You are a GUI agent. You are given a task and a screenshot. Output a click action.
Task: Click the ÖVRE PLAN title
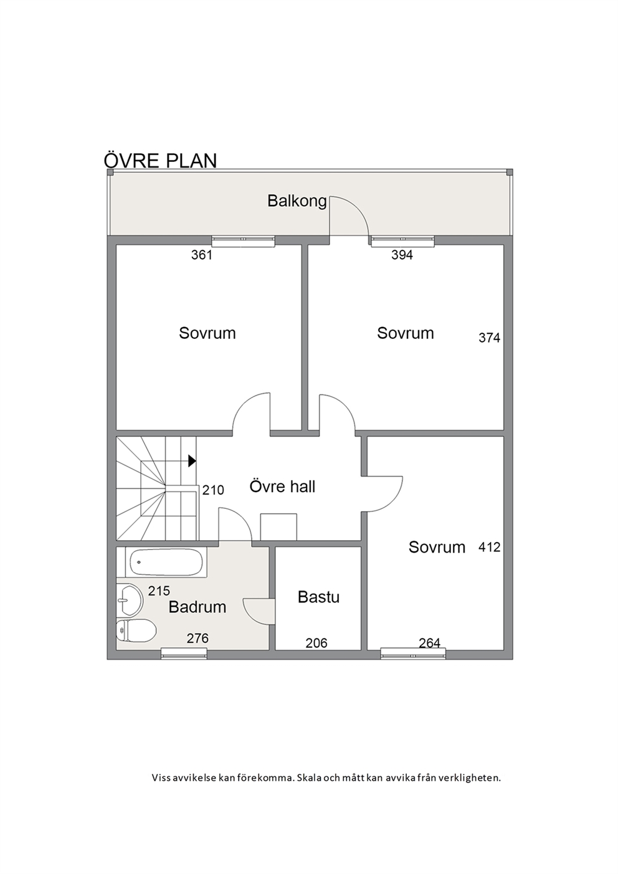160,160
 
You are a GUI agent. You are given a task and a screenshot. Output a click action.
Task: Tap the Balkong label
297,202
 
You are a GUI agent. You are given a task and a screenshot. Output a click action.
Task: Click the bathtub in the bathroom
166,563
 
